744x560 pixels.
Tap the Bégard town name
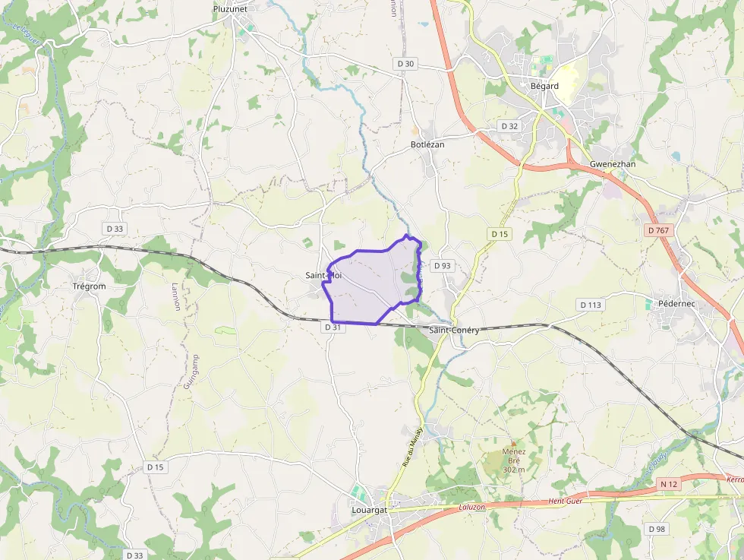(x=544, y=86)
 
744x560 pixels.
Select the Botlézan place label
(x=427, y=144)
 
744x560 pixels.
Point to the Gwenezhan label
(x=613, y=164)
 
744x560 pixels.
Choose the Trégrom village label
(x=88, y=286)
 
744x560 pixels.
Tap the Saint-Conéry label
(x=454, y=331)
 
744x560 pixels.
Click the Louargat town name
(x=370, y=510)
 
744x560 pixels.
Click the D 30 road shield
(x=406, y=64)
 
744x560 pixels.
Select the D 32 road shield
(x=509, y=125)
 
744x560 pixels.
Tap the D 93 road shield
(x=442, y=266)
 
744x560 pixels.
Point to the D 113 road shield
(x=591, y=305)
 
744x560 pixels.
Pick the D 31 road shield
(x=333, y=327)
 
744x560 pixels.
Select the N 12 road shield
(x=668, y=484)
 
